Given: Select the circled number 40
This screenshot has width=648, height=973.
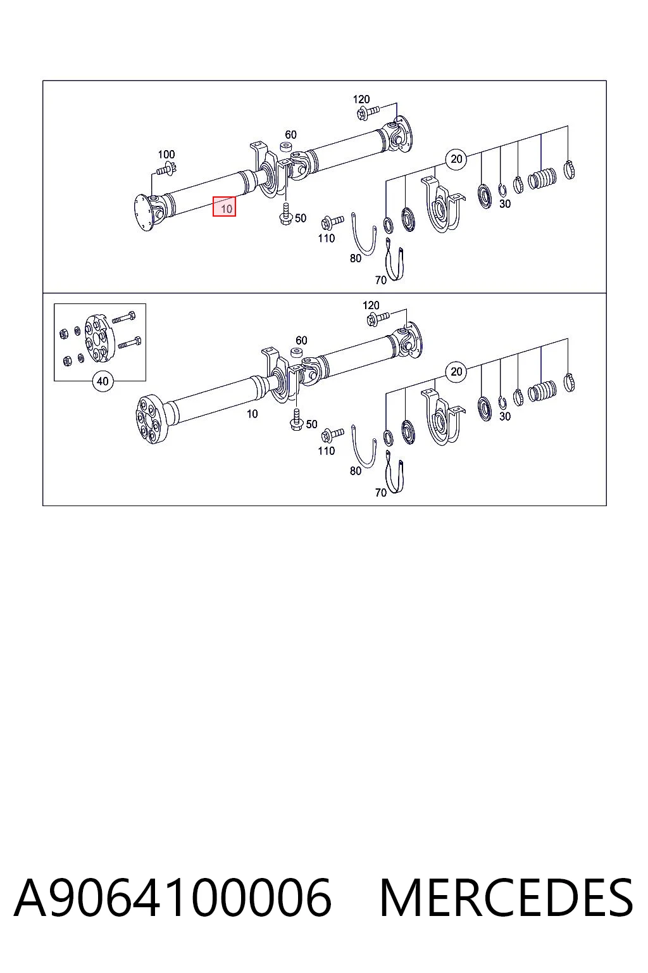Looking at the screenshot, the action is [103, 381].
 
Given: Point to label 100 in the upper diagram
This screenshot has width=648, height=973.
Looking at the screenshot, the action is [166, 154].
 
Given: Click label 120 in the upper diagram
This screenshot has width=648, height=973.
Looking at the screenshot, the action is [361, 99].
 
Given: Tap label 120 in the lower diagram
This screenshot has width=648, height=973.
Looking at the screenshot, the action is [371, 305].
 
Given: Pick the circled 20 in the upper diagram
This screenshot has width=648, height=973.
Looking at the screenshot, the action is [456, 159].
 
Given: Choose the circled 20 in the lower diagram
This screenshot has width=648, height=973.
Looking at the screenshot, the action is [456, 371].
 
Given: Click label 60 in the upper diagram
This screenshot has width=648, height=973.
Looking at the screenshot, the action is [290, 135].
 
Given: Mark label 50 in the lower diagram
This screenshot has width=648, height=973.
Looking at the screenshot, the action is [311, 424].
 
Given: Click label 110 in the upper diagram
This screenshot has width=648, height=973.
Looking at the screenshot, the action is [327, 238].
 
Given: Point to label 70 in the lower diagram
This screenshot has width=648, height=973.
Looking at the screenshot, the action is [381, 493].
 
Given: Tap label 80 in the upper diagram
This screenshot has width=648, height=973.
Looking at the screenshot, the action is [356, 258].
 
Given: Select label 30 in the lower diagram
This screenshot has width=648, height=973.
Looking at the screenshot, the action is [505, 416].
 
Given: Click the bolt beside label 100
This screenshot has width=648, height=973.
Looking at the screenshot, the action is [166, 169].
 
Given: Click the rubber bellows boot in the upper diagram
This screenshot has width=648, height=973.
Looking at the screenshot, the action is [542, 178].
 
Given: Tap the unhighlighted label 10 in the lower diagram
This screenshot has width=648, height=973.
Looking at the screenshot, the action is [252, 414].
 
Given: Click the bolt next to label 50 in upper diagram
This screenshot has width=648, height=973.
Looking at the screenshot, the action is [285, 214].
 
